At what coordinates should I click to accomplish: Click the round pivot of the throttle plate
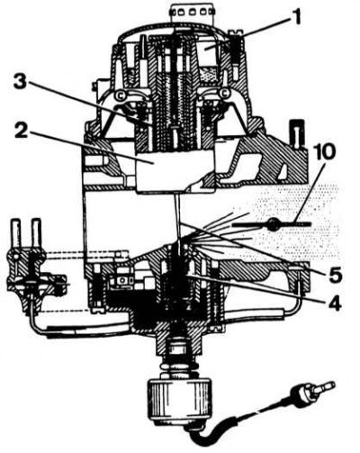click(274, 224)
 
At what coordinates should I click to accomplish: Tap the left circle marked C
click(119, 95)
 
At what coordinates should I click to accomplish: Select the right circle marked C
click(224, 94)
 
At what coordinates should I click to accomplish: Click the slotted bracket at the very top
click(193, 11)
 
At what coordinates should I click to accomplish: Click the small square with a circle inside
click(122, 280)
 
